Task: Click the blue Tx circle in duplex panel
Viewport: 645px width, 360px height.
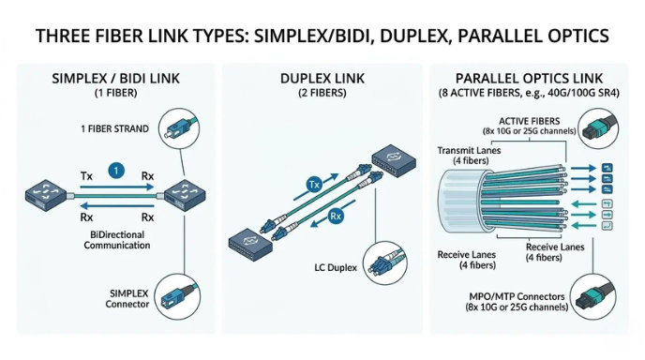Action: (316, 186)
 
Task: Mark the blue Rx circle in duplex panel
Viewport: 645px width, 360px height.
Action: (335, 217)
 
